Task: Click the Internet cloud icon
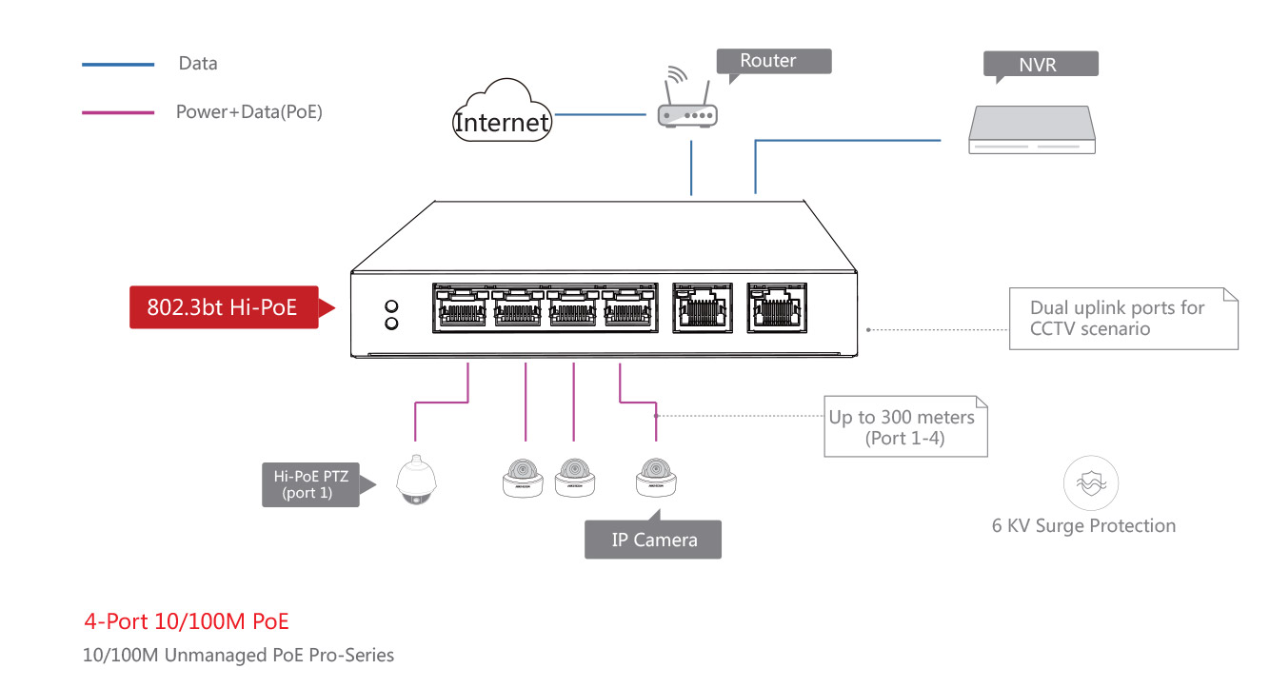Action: (502, 113)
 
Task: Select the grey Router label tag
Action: (772, 61)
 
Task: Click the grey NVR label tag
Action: (1041, 65)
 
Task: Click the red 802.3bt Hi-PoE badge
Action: (224, 307)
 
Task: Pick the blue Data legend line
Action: (118, 65)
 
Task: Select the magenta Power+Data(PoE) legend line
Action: (118, 112)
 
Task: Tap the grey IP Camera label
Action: (653, 540)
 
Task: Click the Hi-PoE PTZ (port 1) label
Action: (310, 485)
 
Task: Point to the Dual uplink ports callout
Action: (1122, 318)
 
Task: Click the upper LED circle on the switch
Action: (390, 307)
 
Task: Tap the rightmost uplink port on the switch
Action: (776, 306)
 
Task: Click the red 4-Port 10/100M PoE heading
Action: (187, 621)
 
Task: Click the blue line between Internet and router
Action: (600, 116)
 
